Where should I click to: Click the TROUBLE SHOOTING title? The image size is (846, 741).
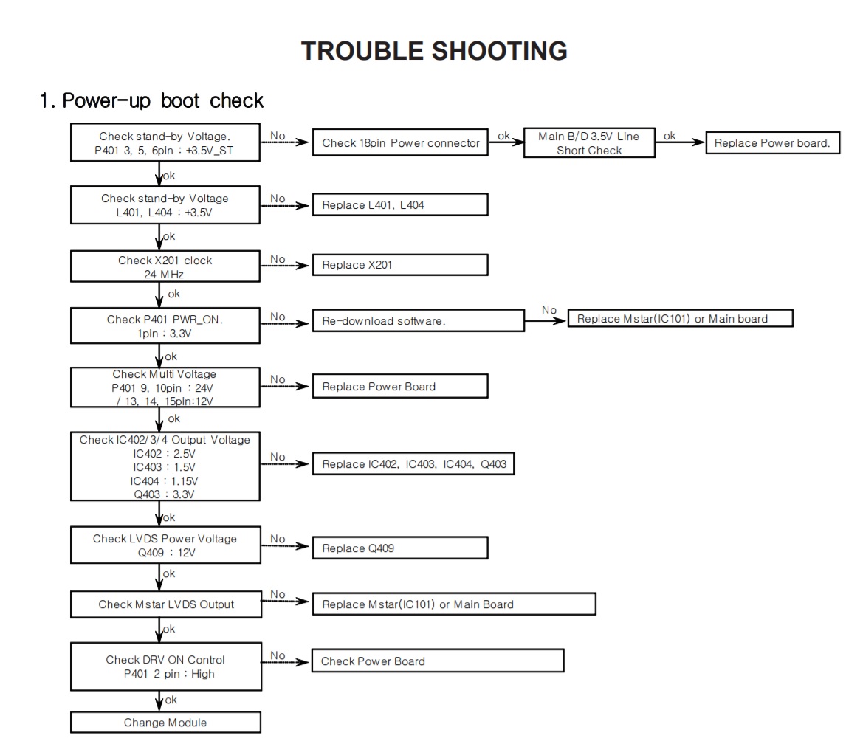click(434, 51)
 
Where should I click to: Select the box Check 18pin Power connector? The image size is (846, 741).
click(400, 142)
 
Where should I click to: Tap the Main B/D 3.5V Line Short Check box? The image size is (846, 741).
click(589, 143)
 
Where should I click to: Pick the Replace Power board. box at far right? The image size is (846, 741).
click(773, 143)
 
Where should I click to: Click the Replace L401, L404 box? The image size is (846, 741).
click(400, 204)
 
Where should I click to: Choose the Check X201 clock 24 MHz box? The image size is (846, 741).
click(165, 266)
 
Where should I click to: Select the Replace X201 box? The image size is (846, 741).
click(400, 265)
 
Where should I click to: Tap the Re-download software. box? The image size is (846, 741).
click(418, 320)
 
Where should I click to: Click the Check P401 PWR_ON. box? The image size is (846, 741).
click(165, 325)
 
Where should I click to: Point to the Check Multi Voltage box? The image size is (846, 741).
click(165, 387)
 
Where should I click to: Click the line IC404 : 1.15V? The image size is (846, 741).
click(164, 480)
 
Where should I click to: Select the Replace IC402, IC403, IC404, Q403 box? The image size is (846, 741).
click(413, 463)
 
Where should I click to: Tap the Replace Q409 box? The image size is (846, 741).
click(400, 548)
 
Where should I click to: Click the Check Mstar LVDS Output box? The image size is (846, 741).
click(166, 604)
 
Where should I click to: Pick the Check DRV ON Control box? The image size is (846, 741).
click(166, 666)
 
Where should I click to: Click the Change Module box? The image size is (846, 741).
click(165, 722)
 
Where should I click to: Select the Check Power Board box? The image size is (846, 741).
click(438, 661)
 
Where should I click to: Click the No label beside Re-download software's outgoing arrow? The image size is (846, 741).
click(548, 310)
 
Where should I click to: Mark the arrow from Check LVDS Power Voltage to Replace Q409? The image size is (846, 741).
click(285, 545)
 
